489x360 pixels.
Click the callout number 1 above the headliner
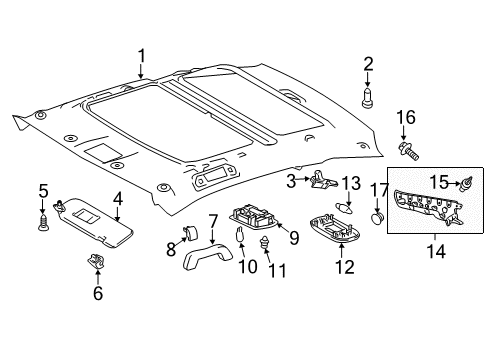142,56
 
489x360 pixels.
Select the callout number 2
368,66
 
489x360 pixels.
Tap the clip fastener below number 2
368,99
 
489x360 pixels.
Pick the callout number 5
43,191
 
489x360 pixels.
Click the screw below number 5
44,223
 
